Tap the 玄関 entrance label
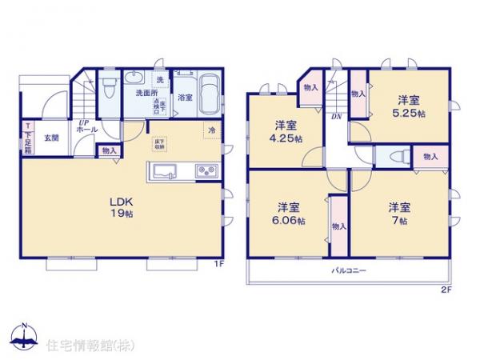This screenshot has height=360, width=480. (x=50, y=136)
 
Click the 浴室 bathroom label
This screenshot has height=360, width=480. (x=184, y=98)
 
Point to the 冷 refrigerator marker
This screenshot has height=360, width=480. (x=211, y=130)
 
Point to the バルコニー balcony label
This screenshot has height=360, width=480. (x=350, y=272)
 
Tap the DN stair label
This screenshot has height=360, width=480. (x=337, y=116)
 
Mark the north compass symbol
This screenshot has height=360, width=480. (x=23, y=337)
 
